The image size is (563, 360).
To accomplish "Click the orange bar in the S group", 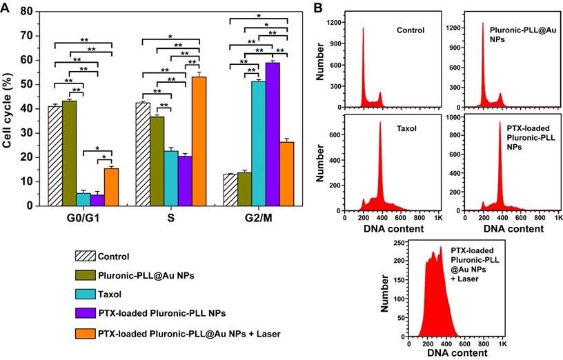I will tap(199, 141).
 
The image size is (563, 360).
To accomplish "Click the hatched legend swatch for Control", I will tap(84, 257).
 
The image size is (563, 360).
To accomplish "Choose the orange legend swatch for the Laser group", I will tap(84, 334).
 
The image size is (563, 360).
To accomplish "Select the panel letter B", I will tap(318, 8).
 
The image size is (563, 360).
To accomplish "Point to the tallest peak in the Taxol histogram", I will tap(379, 124).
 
